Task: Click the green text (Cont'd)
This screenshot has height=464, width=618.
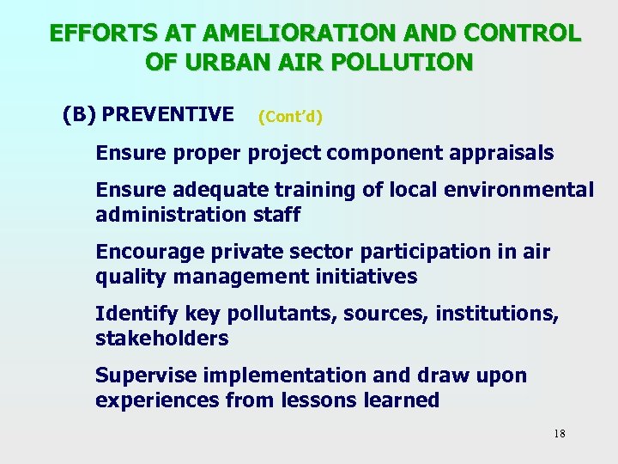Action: (x=289, y=116)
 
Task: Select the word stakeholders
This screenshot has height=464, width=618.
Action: (x=162, y=339)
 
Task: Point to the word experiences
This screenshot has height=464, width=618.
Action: (x=157, y=400)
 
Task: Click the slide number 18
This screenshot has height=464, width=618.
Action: (x=559, y=433)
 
